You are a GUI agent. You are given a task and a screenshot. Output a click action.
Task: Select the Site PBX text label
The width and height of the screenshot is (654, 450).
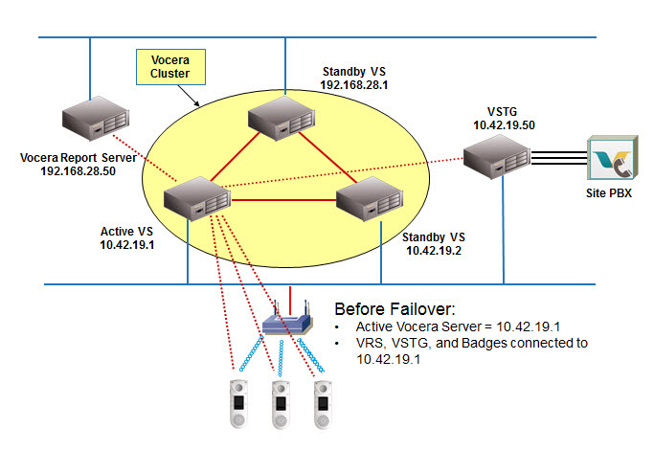point(608,192)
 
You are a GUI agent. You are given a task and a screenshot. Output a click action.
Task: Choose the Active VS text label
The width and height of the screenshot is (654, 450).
point(126,231)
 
